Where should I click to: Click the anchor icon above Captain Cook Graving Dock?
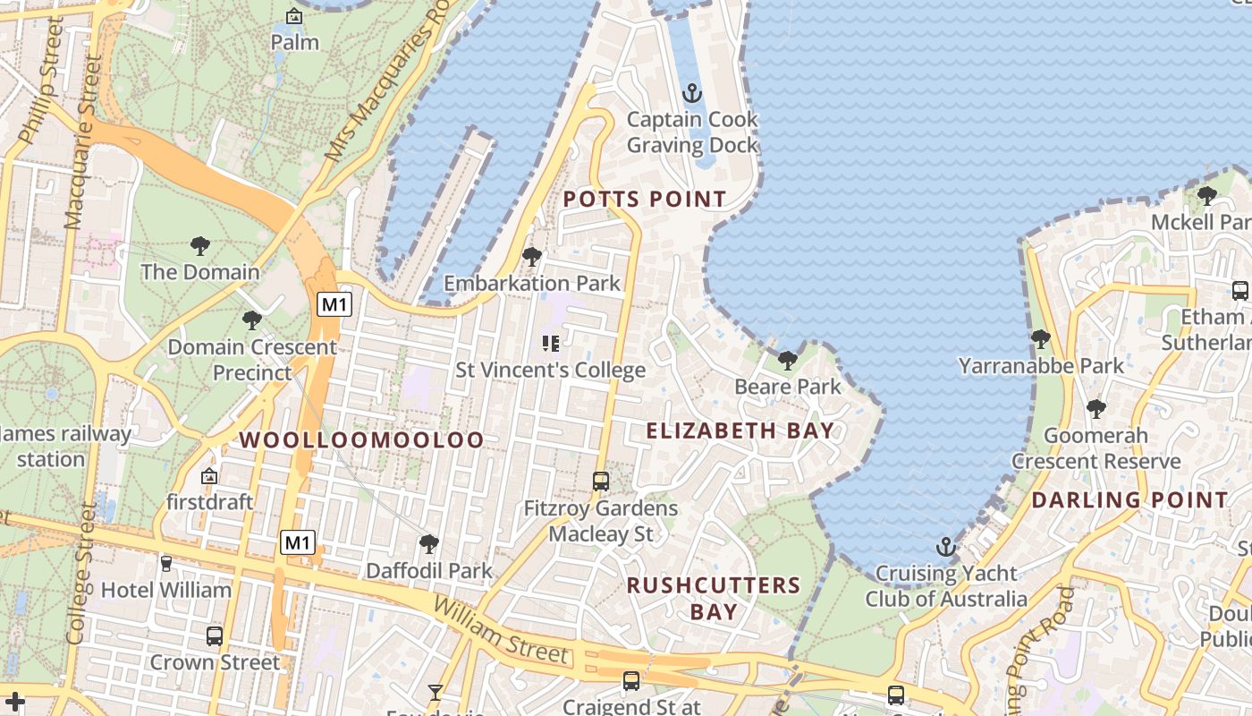point(691,93)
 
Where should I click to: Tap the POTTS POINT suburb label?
point(645,199)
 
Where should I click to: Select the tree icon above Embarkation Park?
point(532,258)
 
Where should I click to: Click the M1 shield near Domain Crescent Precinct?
point(334,304)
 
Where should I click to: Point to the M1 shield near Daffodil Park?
point(299,542)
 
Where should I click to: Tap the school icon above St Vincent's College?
point(550,344)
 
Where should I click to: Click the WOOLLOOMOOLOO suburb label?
point(361,439)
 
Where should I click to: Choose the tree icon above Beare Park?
point(788,361)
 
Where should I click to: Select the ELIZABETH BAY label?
point(740,430)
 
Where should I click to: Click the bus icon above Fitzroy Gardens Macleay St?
point(601,482)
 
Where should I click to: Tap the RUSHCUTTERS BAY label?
point(714,599)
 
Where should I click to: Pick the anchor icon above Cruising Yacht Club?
point(945,547)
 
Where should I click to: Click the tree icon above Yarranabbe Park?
point(1040,339)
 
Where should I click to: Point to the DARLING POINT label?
point(1130,500)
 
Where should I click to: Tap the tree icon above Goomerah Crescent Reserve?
point(1096,409)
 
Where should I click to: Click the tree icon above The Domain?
point(200,245)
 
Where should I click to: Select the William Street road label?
point(501,631)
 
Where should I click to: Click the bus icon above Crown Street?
point(215,636)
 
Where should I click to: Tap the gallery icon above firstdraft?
point(209,476)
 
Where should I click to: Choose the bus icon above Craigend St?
point(631,681)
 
